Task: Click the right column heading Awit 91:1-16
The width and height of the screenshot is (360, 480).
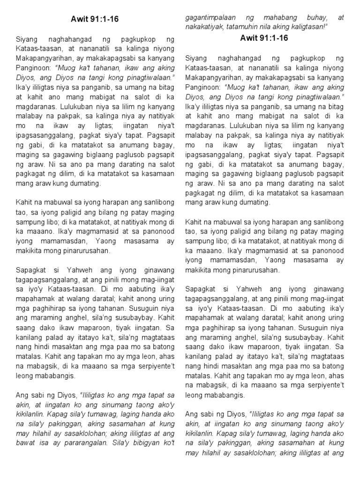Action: [x=265, y=38]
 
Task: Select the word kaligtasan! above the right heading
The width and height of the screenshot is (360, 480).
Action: [x=308, y=26]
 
